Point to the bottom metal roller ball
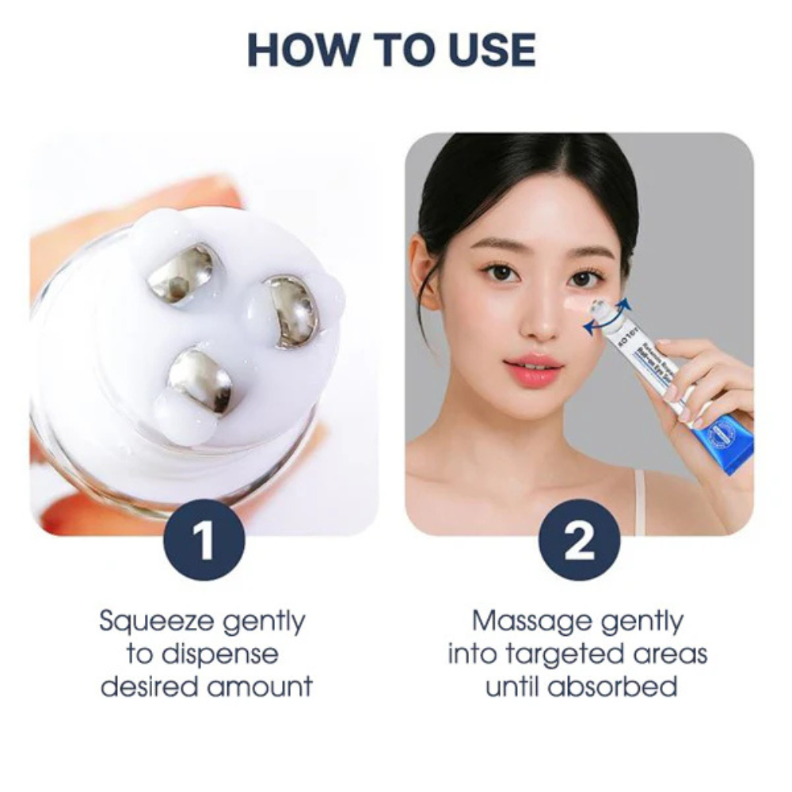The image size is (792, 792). (200, 380)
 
